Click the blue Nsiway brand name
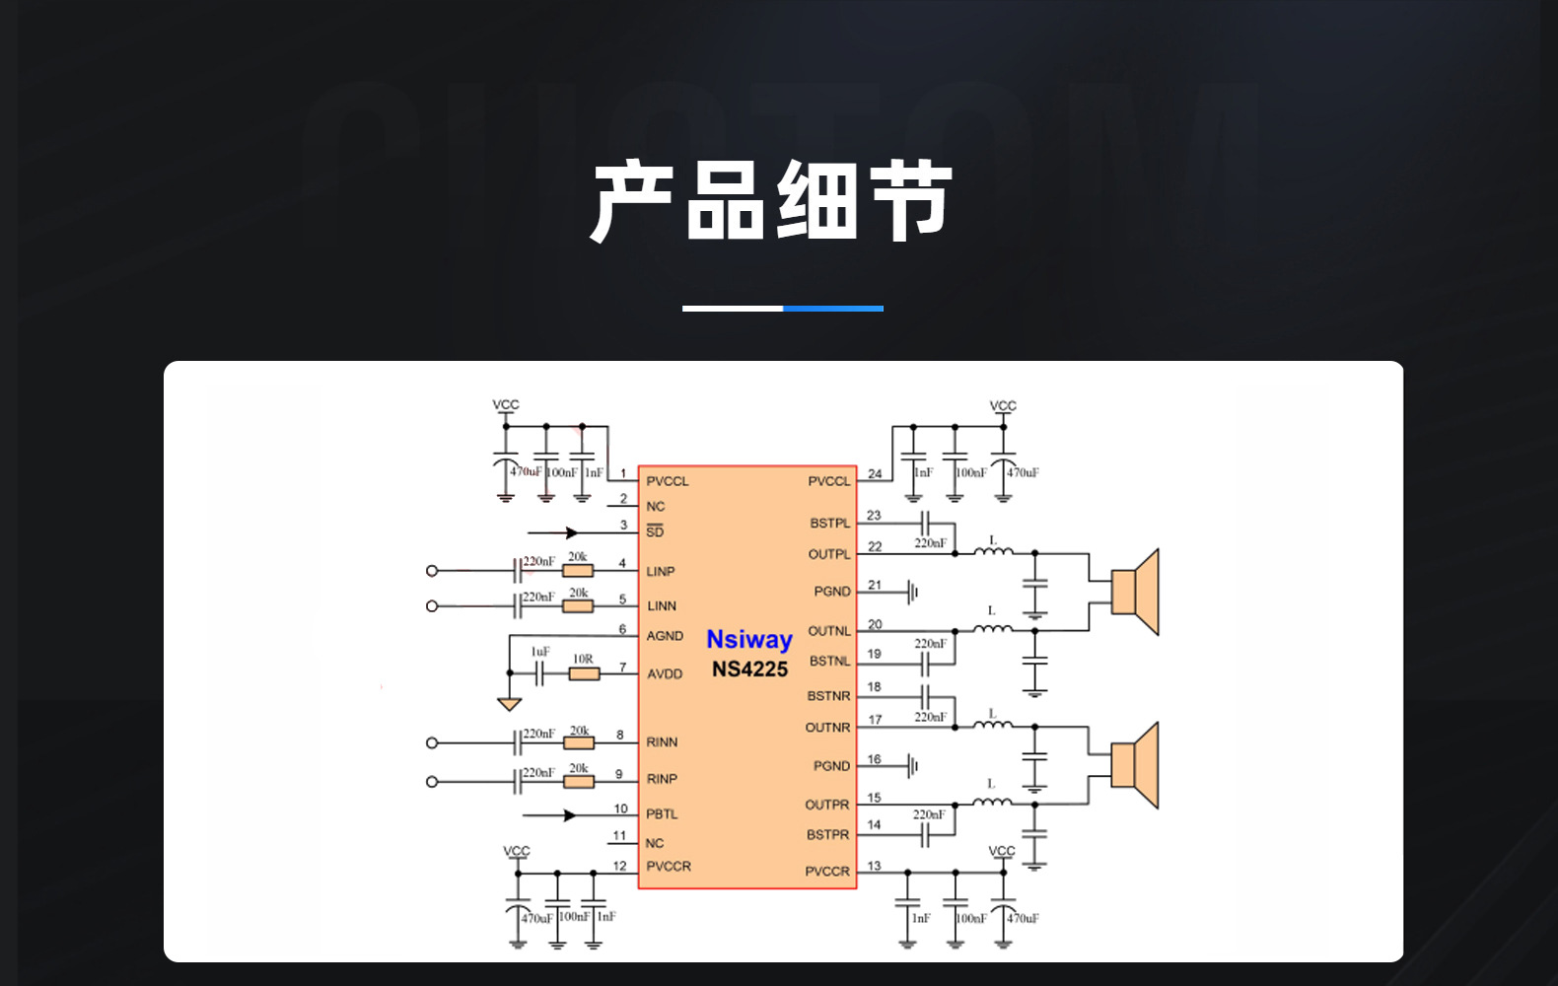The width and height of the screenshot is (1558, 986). [749, 640]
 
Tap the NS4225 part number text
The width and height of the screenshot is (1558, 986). [749, 669]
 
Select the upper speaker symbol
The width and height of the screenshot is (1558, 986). [1135, 592]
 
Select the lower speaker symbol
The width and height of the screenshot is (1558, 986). [1135, 765]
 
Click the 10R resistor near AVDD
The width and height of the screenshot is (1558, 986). [584, 673]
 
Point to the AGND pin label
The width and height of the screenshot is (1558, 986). [665, 636]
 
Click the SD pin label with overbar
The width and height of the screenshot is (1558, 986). [655, 531]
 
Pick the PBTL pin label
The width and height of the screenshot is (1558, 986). [662, 814]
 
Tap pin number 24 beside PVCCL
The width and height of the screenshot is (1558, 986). [875, 474]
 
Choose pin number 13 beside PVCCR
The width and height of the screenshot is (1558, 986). [874, 866]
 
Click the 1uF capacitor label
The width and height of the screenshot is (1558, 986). [540, 652]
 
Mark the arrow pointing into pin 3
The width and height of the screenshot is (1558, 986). [569, 532]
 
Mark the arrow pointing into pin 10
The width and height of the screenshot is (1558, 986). [568, 815]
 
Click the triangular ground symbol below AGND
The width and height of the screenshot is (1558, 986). [509, 704]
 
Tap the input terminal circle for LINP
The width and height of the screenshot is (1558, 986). [431, 571]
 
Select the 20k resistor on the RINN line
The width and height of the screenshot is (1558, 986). [579, 742]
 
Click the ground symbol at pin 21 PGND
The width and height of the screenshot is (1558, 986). [913, 592]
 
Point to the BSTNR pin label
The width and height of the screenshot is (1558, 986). [828, 696]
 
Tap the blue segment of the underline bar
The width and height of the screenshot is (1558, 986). [833, 309]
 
